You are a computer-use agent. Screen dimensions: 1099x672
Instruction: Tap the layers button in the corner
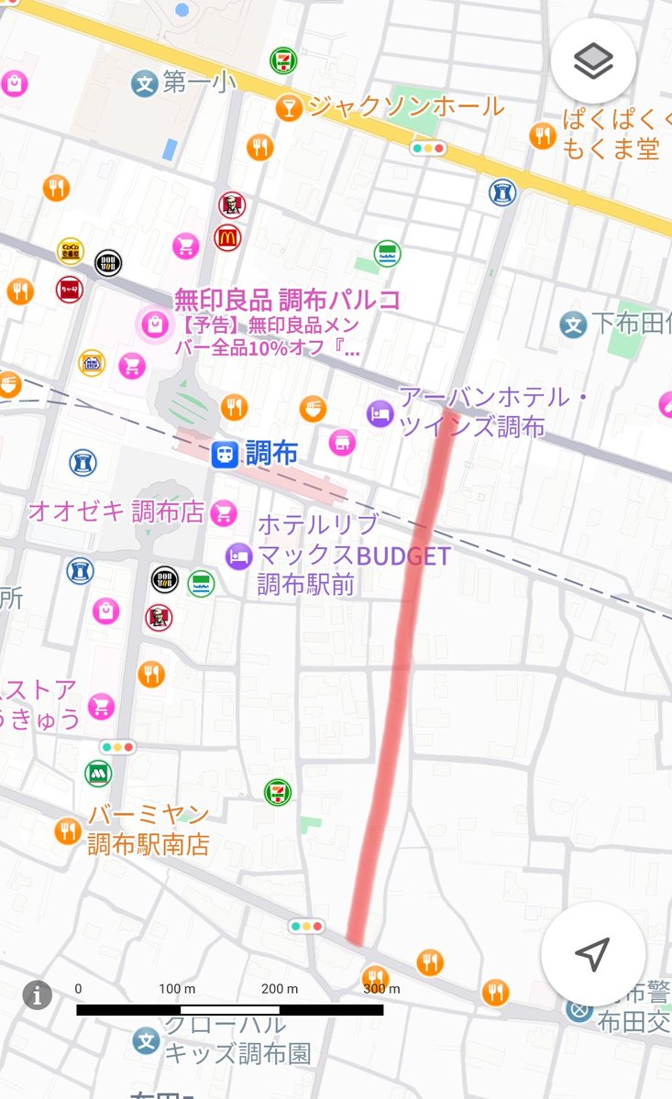tap(593, 61)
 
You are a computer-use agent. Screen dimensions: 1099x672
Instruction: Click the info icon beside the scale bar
tap(37, 995)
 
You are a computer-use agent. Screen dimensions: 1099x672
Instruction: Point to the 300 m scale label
tap(380, 988)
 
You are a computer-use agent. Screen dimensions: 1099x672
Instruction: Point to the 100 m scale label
tap(177, 988)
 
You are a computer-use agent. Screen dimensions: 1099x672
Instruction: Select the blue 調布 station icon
tap(223, 454)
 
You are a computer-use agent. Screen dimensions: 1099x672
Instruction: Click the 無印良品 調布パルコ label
tap(287, 300)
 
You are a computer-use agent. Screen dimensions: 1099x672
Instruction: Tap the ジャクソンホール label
tap(405, 106)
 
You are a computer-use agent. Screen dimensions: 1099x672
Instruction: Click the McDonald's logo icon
tap(227, 237)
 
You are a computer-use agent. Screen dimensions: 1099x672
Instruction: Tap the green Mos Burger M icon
tap(98, 773)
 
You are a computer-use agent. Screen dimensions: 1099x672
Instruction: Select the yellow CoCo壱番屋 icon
tap(71, 249)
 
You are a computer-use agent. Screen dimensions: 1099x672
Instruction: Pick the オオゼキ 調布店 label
tap(116, 511)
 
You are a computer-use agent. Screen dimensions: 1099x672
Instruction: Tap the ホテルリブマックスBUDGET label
tap(353, 555)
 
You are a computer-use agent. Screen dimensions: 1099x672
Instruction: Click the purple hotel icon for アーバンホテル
tap(379, 413)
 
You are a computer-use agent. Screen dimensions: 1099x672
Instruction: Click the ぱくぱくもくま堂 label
tap(611, 135)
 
